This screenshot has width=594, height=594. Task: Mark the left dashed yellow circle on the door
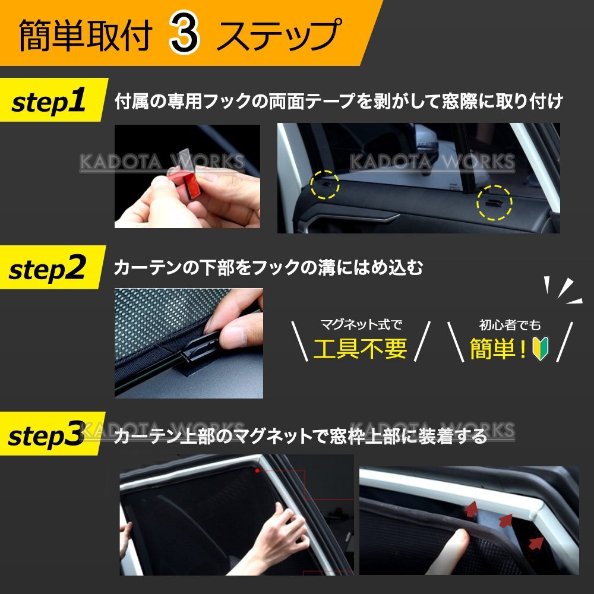click(x=324, y=185)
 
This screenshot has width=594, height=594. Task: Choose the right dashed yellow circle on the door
click(x=494, y=203)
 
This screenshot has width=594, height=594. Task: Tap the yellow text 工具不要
click(x=361, y=349)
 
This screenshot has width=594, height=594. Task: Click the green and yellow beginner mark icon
click(x=540, y=348)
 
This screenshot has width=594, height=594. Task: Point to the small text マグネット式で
click(x=361, y=324)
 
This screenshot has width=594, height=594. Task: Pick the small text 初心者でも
click(x=510, y=325)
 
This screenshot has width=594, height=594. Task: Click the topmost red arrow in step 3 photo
click(x=472, y=508)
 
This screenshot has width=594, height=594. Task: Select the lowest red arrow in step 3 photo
click(x=536, y=542)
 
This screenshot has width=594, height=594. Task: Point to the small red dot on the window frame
click(x=257, y=470)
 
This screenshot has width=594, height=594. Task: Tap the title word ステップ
click(x=279, y=35)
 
